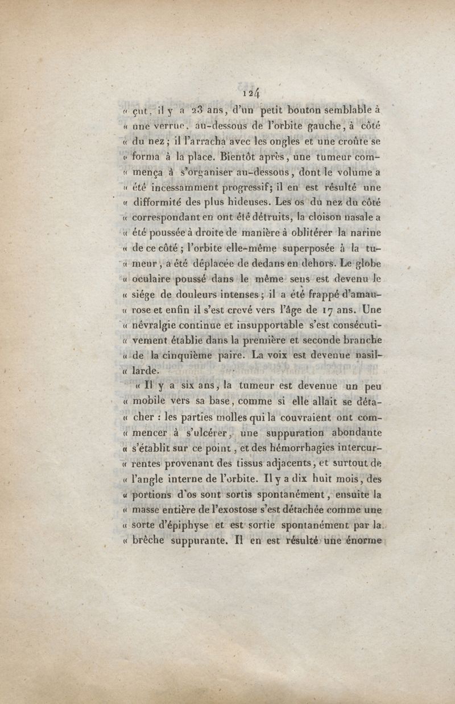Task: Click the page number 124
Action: point(251,93)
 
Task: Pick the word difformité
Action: point(163,202)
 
